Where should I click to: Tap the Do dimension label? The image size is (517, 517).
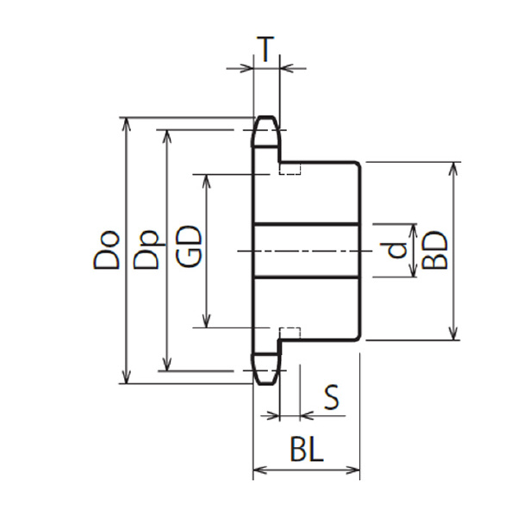[106, 251]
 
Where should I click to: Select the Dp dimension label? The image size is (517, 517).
[146, 249]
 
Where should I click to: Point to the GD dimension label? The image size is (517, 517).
[188, 246]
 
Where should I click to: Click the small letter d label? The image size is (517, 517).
[397, 250]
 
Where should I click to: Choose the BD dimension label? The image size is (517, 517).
[435, 251]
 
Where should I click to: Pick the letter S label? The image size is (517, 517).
[332, 397]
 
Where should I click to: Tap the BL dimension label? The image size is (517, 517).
[307, 449]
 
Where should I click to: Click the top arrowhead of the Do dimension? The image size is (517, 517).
[127, 124]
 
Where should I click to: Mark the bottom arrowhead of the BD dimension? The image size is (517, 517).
[454, 333]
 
